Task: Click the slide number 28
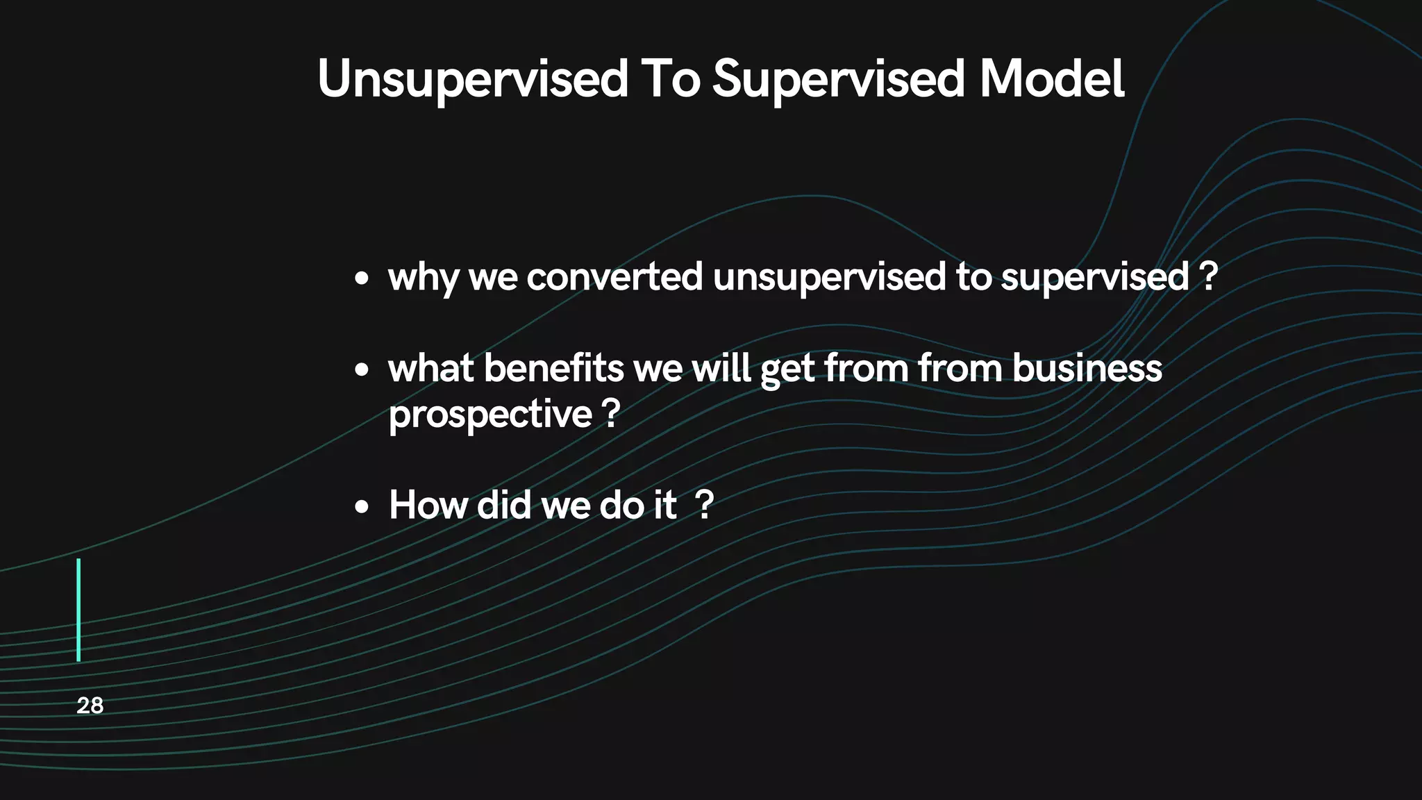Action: point(90,706)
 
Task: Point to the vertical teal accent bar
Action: point(78,610)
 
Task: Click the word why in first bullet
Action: point(424,278)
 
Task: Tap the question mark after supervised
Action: point(1208,276)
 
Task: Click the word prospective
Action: point(490,415)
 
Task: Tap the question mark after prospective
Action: point(610,414)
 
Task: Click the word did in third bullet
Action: point(504,505)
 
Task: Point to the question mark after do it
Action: point(704,505)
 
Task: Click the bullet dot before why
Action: point(361,280)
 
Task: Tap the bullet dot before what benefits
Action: point(361,370)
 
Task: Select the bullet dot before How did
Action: point(361,508)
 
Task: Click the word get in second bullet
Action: point(787,369)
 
